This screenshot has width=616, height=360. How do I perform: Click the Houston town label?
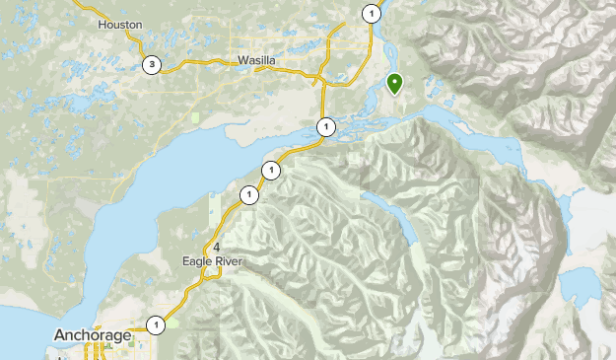pos(120,24)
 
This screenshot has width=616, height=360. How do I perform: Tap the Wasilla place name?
pos(256,61)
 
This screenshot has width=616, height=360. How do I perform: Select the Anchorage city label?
pos(94,335)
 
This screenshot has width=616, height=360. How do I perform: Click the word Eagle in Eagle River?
pos(197,261)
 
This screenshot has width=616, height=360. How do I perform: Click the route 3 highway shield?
pos(151,66)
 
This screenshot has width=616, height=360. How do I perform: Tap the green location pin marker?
pos(394,83)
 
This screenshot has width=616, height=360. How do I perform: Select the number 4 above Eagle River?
pos(216,246)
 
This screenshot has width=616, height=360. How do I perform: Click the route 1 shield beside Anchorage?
pos(156,324)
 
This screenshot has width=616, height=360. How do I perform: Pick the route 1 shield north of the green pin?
pos(371,14)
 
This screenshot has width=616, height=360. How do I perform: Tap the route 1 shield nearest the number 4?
pos(248,195)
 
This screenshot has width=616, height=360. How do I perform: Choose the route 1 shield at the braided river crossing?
pos(326,126)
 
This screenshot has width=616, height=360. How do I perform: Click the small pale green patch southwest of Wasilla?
pos(196,117)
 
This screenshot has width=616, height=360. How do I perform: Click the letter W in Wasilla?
pos(241,61)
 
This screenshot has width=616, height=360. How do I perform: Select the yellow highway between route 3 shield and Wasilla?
pos(197,65)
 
